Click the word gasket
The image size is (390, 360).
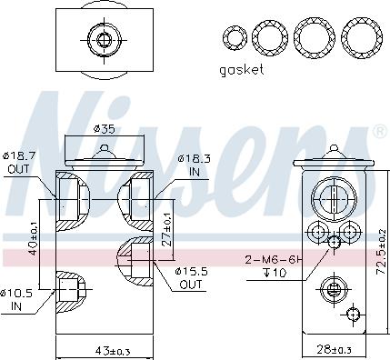tap(242, 70)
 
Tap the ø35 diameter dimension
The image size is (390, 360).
tap(105, 129)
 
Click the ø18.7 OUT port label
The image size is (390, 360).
tap(19, 163)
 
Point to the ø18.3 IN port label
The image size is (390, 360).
tap(195, 165)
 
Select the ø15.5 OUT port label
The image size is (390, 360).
tap(191, 278)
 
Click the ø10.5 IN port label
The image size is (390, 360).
tap(16, 300)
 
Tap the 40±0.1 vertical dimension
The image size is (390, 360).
tap(33, 239)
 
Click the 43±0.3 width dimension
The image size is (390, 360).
tap(113, 351)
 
